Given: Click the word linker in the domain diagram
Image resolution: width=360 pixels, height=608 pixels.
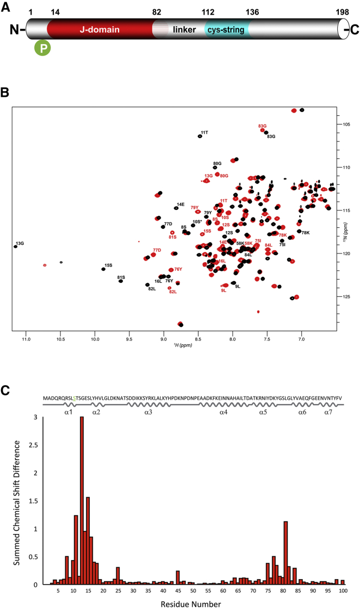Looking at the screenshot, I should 184,28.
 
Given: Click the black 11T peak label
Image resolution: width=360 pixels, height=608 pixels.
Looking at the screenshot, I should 204,132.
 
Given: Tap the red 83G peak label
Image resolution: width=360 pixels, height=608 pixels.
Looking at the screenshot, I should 262,126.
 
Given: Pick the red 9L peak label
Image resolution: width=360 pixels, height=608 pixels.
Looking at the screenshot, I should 224,290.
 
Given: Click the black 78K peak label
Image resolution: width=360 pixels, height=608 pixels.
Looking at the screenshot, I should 306,232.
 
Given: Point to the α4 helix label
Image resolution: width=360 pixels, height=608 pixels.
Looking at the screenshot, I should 224,413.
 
